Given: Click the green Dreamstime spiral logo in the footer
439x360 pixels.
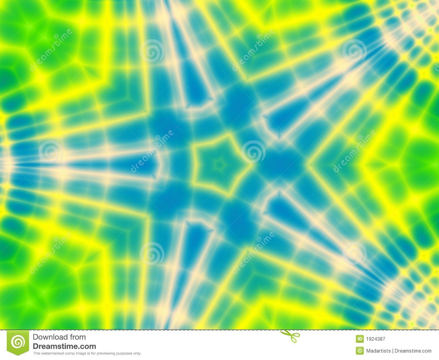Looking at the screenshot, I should click(x=18, y=343).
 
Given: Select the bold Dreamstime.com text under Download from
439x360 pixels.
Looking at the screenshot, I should click(x=64, y=346).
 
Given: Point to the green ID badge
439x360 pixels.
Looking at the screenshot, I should click(x=360, y=339).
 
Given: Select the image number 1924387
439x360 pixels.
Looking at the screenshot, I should click(x=376, y=339).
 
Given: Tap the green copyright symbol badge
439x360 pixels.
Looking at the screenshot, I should click(x=360, y=351).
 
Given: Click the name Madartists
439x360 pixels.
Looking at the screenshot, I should click(x=378, y=351).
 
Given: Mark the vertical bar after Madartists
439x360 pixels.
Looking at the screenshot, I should click(x=392, y=351).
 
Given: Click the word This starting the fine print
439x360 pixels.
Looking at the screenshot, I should click(x=36, y=354).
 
